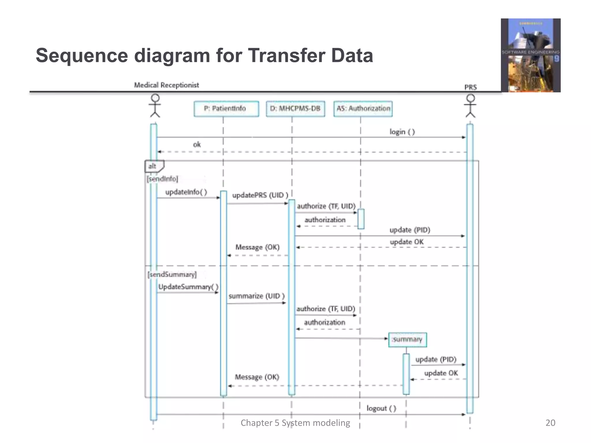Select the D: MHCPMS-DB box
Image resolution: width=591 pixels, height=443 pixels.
coord(295,109)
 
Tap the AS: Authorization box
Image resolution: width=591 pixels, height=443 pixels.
coord(363,109)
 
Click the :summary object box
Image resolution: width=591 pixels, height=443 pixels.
coord(407,339)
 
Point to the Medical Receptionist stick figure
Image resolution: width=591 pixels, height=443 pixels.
coord(155,106)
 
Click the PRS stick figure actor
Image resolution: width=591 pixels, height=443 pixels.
coord(470,106)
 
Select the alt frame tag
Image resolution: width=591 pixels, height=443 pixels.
coord(153,166)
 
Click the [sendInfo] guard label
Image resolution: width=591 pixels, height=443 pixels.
coord(162,179)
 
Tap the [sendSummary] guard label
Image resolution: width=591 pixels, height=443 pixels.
coord(172,274)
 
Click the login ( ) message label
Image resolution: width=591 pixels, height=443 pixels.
coord(402,132)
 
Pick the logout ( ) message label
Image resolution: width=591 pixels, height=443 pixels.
coord(381,408)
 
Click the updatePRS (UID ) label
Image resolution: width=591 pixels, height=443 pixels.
coord(260,195)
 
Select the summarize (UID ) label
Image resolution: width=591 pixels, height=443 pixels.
coord(257,296)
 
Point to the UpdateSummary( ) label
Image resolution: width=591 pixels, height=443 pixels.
coord(188,287)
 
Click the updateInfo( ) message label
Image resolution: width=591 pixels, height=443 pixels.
coord(186,192)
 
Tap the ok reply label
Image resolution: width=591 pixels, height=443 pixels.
coord(197,144)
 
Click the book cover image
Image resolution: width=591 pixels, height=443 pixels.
coord(530,55)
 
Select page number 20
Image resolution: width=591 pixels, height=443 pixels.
coord(550,423)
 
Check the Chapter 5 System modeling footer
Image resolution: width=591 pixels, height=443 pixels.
coord(295,423)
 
